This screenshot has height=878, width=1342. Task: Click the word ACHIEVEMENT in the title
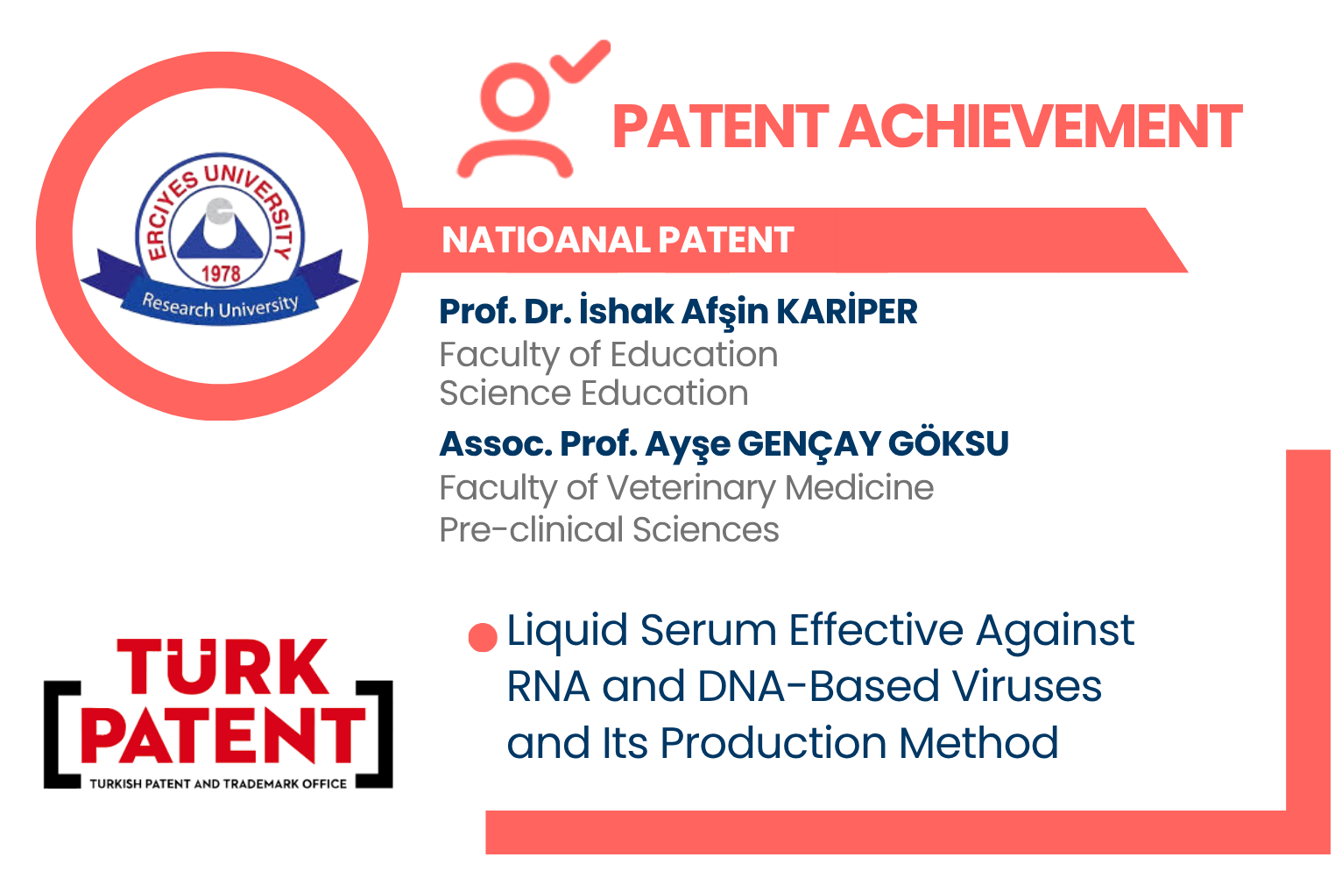click(x=1042, y=126)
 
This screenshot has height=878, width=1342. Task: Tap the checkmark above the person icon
click(x=580, y=61)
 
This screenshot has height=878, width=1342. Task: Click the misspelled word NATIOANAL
click(x=546, y=240)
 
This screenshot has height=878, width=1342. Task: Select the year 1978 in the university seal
click(x=221, y=274)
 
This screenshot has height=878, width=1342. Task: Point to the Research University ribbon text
click(x=220, y=307)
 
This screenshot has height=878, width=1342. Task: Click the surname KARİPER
click(x=847, y=312)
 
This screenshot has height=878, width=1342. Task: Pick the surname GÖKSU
click(x=949, y=444)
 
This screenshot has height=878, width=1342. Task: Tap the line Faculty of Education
click(x=609, y=355)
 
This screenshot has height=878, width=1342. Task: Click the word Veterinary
click(x=691, y=488)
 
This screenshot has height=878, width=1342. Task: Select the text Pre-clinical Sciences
click(x=610, y=530)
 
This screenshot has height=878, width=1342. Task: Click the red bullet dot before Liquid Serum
click(x=483, y=637)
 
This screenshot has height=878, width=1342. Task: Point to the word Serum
click(x=709, y=631)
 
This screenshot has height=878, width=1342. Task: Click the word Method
click(x=979, y=742)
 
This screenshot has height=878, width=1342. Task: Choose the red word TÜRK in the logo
click(x=222, y=667)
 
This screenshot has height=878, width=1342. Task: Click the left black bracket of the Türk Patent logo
click(x=61, y=734)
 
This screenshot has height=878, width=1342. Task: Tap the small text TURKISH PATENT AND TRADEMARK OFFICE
click(x=218, y=784)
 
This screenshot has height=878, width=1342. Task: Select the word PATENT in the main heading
click(x=721, y=126)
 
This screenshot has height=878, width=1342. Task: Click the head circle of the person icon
click(x=514, y=97)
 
